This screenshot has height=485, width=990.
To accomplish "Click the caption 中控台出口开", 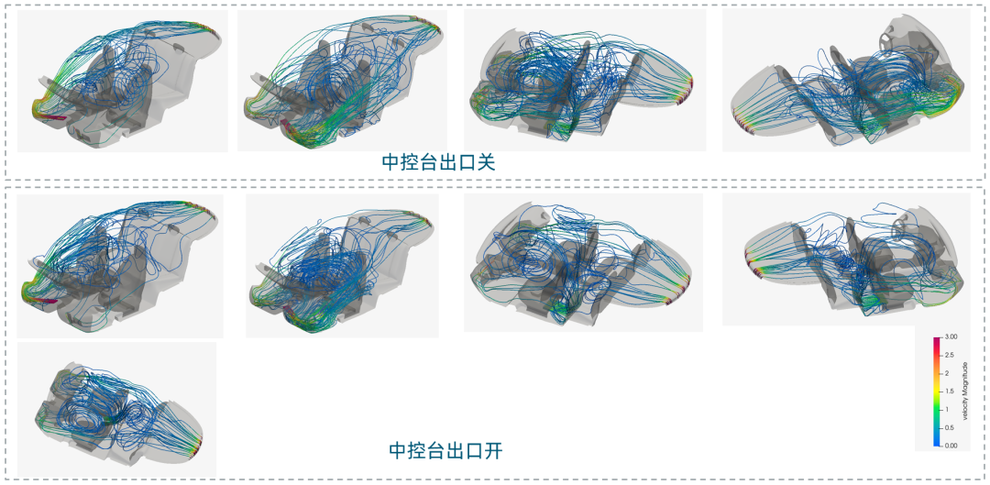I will [445, 450].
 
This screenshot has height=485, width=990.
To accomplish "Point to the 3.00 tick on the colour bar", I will [950, 337].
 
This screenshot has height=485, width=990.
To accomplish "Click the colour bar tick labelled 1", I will [945, 408].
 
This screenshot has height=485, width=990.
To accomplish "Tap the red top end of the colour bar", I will [937, 340].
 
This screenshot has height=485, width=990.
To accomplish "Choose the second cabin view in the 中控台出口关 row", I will [342, 81].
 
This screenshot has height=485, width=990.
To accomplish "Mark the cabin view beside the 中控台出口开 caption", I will [116, 409].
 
